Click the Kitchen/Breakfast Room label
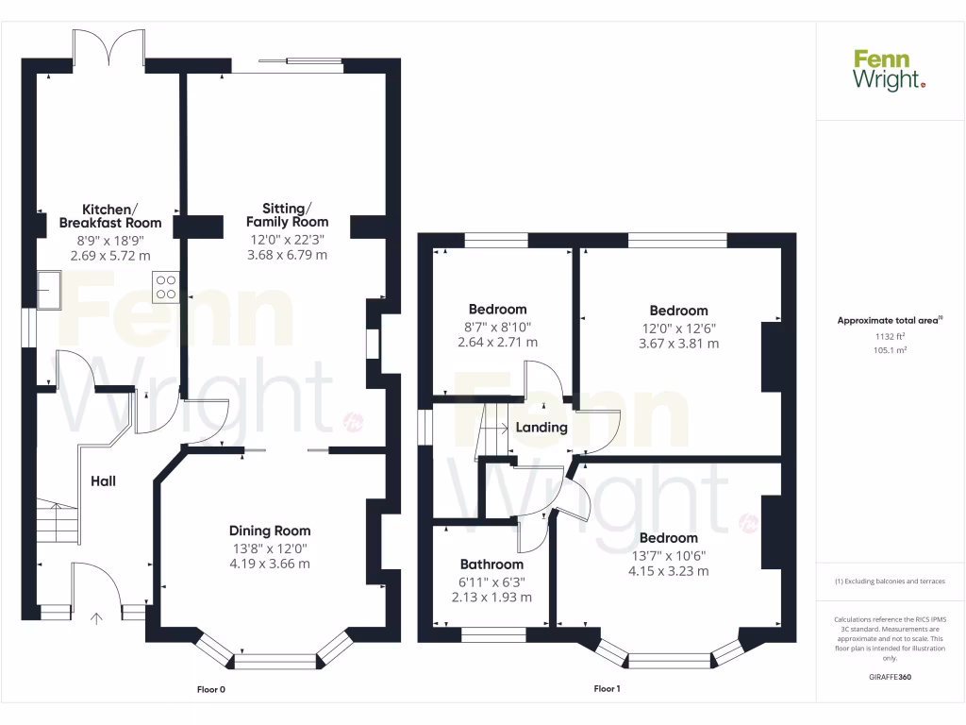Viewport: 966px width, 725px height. (x=110, y=216)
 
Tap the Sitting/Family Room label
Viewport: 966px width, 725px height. (x=288, y=214)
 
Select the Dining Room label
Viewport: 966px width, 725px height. (x=270, y=531)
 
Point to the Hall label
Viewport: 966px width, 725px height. (x=103, y=481)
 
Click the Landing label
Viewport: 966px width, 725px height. (x=541, y=427)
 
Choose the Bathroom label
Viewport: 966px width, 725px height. (x=491, y=565)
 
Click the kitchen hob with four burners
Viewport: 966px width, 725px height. (x=165, y=286)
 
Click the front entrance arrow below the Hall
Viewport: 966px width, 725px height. (x=96, y=619)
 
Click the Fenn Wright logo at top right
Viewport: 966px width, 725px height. (x=890, y=71)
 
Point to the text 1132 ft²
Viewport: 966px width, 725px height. (x=890, y=336)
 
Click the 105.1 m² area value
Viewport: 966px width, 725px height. (x=890, y=349)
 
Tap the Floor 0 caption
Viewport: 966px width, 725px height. (x=210, y=689)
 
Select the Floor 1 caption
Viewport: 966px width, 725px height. (x=607, y=689)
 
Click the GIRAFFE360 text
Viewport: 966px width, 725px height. (x=890, y=677)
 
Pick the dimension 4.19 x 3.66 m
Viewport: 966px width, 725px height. (x=270, y=564)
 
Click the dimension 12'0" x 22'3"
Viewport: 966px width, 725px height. (x=288, y=239)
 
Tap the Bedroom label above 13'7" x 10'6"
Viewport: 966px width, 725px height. (x=672, y=538)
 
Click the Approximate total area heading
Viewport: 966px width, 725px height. (x=890, y=321)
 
